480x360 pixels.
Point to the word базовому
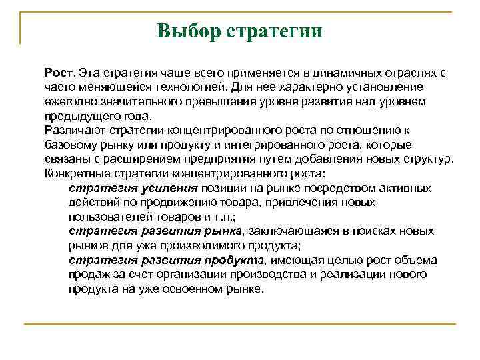(x=72, y=145)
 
